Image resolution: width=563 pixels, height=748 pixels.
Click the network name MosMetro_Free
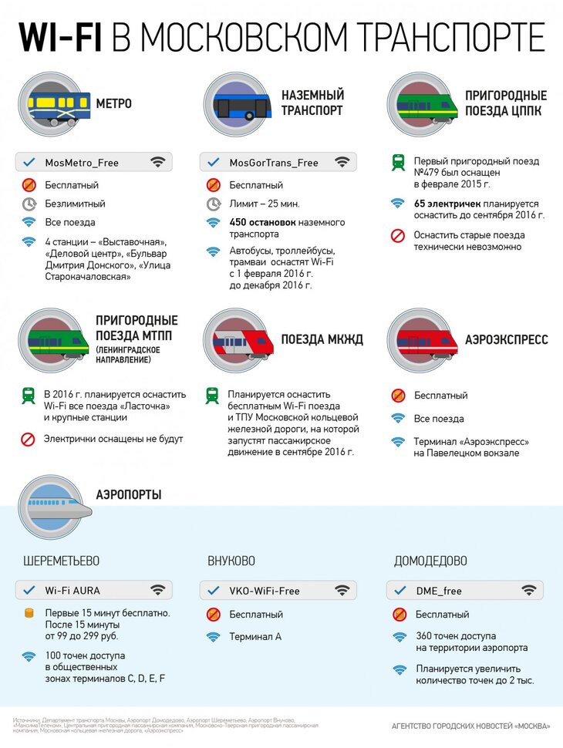pos(82,163)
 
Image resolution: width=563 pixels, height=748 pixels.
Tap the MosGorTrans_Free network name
pos(273,163)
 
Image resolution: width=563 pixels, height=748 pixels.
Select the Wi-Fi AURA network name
pos(77,591)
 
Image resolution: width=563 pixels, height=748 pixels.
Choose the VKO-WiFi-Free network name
pos(265,591)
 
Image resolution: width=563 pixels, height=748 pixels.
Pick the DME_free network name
pos(438,591)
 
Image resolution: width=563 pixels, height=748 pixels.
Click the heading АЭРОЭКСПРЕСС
pos(507,340)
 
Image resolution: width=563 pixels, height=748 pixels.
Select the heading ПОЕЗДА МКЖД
pos(322,340)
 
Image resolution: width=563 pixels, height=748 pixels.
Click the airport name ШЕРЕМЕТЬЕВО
pos(61,561)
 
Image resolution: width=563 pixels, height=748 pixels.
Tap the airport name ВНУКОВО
pos(231,561)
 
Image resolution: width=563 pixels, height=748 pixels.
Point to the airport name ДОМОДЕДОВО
pos(430,561)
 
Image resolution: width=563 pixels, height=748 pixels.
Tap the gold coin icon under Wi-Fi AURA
pos(29,614)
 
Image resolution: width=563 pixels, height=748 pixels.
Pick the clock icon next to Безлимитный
pos(29,204)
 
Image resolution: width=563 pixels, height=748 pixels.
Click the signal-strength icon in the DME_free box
pos(528,591)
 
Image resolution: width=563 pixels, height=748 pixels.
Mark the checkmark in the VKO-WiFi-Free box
pos(214,591)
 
